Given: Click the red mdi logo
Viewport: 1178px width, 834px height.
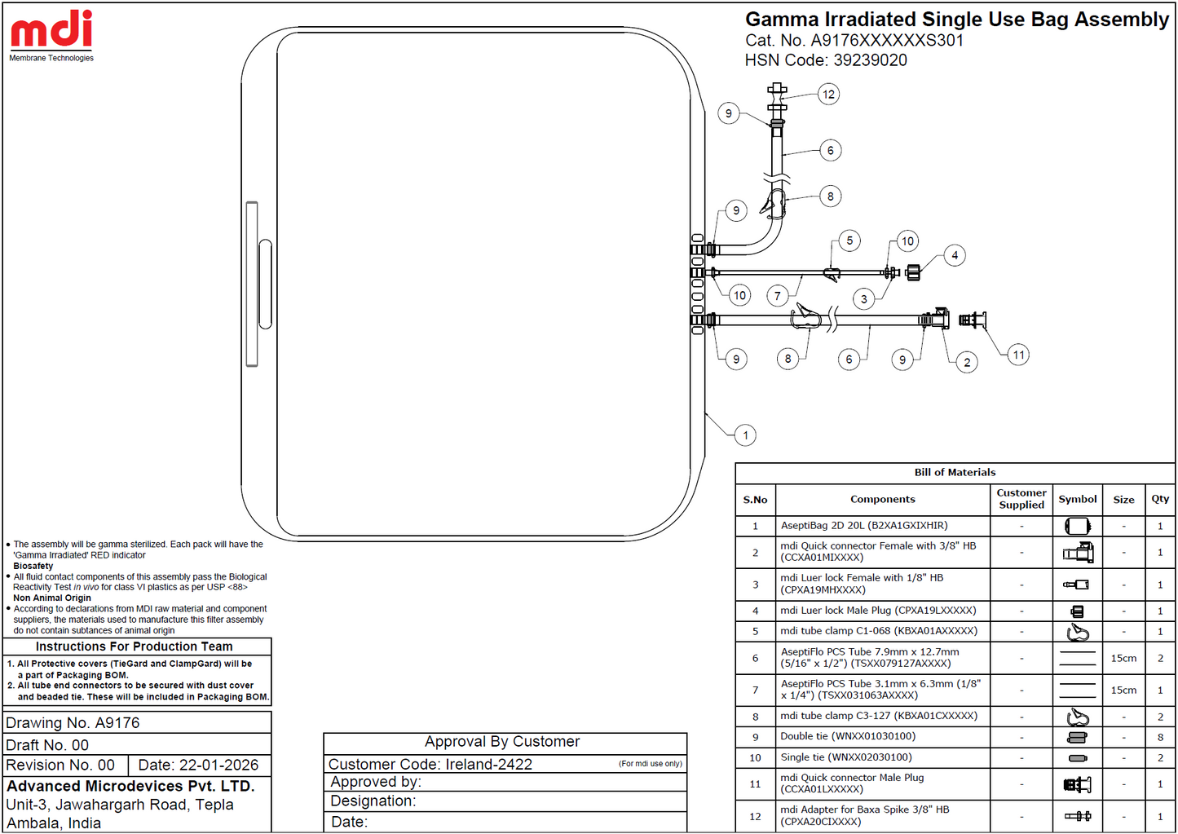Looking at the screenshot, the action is [51, 29].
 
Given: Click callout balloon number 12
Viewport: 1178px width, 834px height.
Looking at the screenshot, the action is [829, 94].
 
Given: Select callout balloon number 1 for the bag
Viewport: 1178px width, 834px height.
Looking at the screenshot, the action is [745, 435].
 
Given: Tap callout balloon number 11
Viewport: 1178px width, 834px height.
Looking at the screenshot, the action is [1018, 355].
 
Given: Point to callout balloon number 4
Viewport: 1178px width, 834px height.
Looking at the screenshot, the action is [955, 255].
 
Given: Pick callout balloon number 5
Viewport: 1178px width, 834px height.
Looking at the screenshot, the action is [849, 240].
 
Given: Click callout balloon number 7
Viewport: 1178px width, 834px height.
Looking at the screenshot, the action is [777, 296].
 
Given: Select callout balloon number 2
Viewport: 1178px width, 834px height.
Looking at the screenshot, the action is [967, 362].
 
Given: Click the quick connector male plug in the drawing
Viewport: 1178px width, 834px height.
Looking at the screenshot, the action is [973, 320].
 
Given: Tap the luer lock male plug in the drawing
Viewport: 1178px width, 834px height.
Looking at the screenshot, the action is [912, 271].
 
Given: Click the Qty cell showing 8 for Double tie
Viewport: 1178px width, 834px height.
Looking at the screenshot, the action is [1160, 737].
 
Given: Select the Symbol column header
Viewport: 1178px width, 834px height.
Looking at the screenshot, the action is [1077, 499].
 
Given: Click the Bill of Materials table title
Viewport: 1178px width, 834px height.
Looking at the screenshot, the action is [955, 472].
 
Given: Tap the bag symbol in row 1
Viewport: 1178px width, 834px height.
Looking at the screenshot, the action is [1077, 526].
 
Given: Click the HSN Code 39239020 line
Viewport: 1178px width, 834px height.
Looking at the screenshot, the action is [826, 60].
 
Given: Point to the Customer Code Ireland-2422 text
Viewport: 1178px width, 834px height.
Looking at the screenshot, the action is [430, 764].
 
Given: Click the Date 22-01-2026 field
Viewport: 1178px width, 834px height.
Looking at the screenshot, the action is [198, 765].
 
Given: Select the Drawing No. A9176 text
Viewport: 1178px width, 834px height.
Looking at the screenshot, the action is [73, 722].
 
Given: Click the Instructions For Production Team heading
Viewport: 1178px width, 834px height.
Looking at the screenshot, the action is [134, 646].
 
